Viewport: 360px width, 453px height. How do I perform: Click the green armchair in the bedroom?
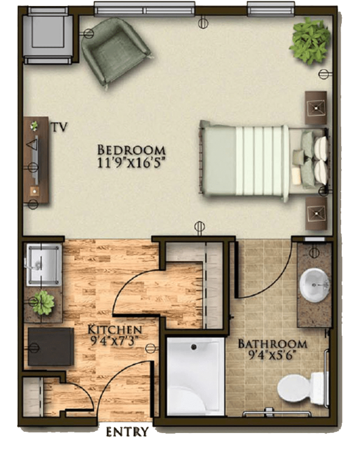[115, 51]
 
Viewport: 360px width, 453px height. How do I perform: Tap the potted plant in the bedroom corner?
[311, 41]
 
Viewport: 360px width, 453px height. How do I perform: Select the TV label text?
[60, 127]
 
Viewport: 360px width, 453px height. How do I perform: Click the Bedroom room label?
[131, 150]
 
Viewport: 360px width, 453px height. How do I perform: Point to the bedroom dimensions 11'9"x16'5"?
[131, 163]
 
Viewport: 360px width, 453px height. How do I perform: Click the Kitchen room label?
[115, 330]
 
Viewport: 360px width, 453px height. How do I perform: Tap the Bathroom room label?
[272, 344]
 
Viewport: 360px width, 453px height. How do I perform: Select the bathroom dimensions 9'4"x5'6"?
[273, 355]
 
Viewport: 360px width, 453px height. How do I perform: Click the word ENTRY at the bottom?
[127, 432]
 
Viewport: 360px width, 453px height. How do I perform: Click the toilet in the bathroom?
[302, 388]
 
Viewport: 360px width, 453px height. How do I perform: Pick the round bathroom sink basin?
[315, 285]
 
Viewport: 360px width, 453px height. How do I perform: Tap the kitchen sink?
[44, 265]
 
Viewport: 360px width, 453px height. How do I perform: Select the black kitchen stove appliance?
[51, 346]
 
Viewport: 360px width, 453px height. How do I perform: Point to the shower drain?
[194, 347]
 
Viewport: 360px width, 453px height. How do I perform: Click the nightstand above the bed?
[316, 108]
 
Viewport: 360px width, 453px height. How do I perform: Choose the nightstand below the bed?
[316, 213]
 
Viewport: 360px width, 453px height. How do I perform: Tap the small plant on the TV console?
[34, 125]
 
